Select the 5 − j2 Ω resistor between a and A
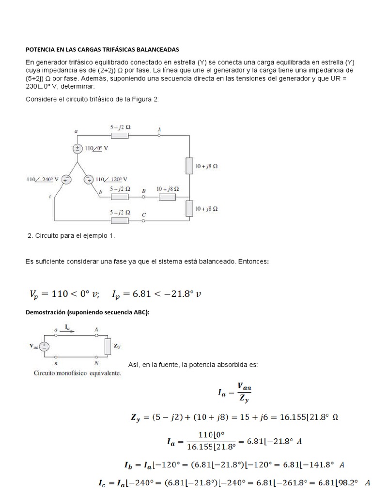[119, 136]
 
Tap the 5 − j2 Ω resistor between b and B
[119, 197]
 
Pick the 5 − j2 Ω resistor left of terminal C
[119, 221]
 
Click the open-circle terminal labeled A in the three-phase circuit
[159, 136]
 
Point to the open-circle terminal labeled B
[144, 197]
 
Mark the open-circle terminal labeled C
[144, 221]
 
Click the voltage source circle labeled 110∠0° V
[77, 149]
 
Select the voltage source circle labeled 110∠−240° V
[65, 180]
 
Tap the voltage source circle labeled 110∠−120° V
[89, 180]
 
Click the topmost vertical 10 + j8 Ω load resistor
[190, 166]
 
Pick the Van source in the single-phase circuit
[44, 346]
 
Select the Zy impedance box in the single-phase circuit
[107, 346]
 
